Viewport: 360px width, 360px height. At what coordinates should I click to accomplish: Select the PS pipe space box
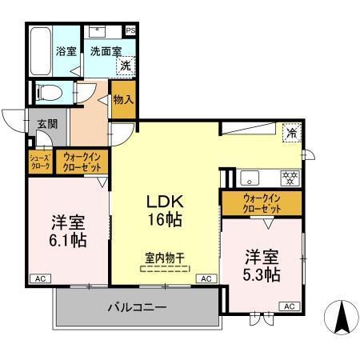point(130,31)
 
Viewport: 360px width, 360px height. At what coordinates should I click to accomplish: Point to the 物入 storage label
point(123,100)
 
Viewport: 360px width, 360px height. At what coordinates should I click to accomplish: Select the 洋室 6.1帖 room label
point(66,230)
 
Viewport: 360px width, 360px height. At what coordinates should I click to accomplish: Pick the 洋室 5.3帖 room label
point(261,266)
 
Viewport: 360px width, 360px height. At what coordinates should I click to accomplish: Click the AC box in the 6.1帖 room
point(38,278)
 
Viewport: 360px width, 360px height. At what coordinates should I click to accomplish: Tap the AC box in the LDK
point(206,278)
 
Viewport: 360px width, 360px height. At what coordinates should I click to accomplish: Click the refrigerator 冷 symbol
point(292,133)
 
